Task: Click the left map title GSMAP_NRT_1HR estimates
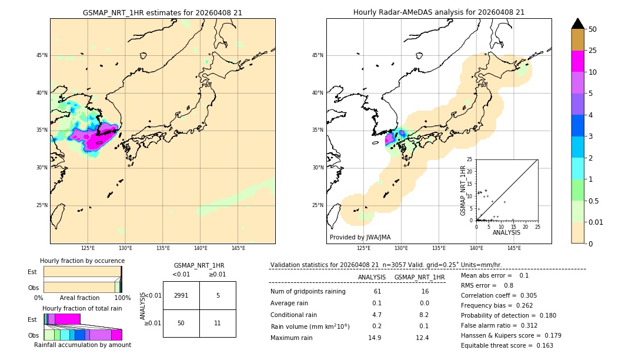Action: (x=162, y=12)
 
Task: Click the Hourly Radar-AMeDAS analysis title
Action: (x=439, y=12)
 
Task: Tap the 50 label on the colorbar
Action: (x=593, y=29)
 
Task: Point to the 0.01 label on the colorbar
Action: (x=596, y=222)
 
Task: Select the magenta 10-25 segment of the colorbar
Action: (x=578, y=61)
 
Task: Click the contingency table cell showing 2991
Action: (x=181, y=295)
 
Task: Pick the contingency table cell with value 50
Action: (x=181, y=323)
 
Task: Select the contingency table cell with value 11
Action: (x=218, y=323)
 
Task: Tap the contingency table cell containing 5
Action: (x=218, y=295)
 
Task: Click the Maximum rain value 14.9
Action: (x=377, y=338)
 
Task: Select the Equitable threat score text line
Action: (x=507, y=345)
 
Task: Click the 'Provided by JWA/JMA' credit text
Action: (x=360, y=238)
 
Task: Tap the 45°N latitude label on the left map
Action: (x=42, y=55)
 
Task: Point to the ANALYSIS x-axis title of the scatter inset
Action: (x=506, y=232)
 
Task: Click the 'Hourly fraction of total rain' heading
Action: (x=82, y=308)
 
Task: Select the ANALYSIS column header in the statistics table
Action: (x=372, y=277)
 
